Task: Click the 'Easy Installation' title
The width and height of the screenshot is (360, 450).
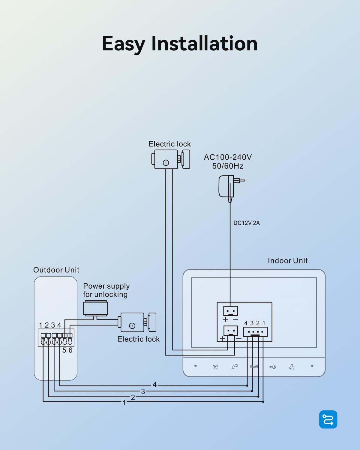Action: pyautogui.click(x=180, y=44)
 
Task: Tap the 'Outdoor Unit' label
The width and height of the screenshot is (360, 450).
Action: pyautogui.click(x=56, y=270)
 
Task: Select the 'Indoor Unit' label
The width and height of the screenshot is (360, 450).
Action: pyautogui.click(x=287, y=261)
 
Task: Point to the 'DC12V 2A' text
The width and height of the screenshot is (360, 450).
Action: pyautogui.click(x=247, y=223)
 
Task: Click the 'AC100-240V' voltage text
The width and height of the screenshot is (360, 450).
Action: pyautogui.click(x=228, y=157)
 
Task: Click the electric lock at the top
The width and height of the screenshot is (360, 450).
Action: pyautogui.click(x=170, y=159)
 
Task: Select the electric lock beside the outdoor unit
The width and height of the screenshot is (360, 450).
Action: pyautogui.click(x=138, y=322)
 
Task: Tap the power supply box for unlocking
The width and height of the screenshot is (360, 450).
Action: pyautogui.click(x=95, y=309)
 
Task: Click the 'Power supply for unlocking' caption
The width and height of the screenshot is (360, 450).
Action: pyautogui.click(x=106, y=290)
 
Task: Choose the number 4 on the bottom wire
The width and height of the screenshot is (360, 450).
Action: pyautogui.click(x=154, y=385)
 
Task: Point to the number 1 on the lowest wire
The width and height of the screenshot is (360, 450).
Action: pyautogui.click(x=124, y=403)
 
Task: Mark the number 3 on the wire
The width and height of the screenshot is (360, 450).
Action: pyautogui.click(x=143, y=391)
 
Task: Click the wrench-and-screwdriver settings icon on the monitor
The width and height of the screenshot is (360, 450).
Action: pyautogui.click(x=215, y=367)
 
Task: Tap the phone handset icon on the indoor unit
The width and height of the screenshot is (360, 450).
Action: pyautogui.click(x=235, y=367)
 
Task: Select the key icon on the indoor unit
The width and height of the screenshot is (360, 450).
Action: pyautogui.click(x=273, y=367)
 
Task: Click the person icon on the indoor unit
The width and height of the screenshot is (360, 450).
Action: pyautogui.click(x=292, y=367)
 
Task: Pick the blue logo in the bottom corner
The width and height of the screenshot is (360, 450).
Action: pyautogui.click(x=328, y=419)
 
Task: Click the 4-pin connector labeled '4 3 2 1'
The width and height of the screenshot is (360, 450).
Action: pyautogui.click(x=255, y=332)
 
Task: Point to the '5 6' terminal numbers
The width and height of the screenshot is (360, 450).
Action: pyautogui.click(x=67, y=350)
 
